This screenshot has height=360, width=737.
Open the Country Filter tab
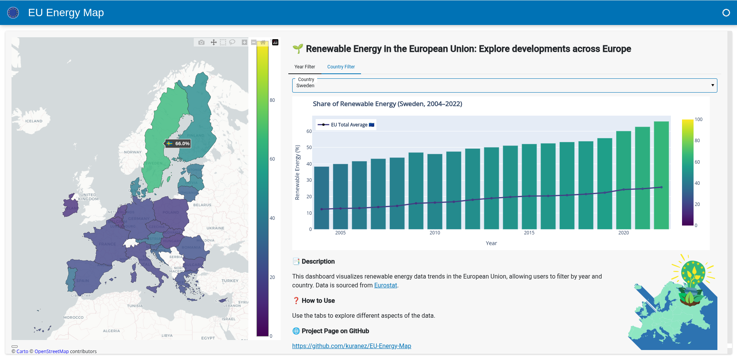341,67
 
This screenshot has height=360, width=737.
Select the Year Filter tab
304,67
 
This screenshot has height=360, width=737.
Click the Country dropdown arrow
712,85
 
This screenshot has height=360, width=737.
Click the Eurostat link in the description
385,285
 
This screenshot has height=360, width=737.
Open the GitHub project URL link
351,346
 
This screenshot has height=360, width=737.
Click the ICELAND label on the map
34,121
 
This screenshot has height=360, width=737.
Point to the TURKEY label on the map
230,281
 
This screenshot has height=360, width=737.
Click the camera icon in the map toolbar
201,42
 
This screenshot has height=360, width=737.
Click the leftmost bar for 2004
321,198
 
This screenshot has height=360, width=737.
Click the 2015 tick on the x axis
529,233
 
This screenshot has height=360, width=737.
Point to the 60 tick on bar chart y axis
309,131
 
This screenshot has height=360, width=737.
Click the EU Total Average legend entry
346,125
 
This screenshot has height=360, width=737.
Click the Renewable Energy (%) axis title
297,172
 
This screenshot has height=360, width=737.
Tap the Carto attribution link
22,352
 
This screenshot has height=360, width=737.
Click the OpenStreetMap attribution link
52,352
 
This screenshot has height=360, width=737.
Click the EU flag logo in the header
13,13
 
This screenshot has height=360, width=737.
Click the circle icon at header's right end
726,13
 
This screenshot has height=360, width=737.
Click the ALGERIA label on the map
111,331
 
